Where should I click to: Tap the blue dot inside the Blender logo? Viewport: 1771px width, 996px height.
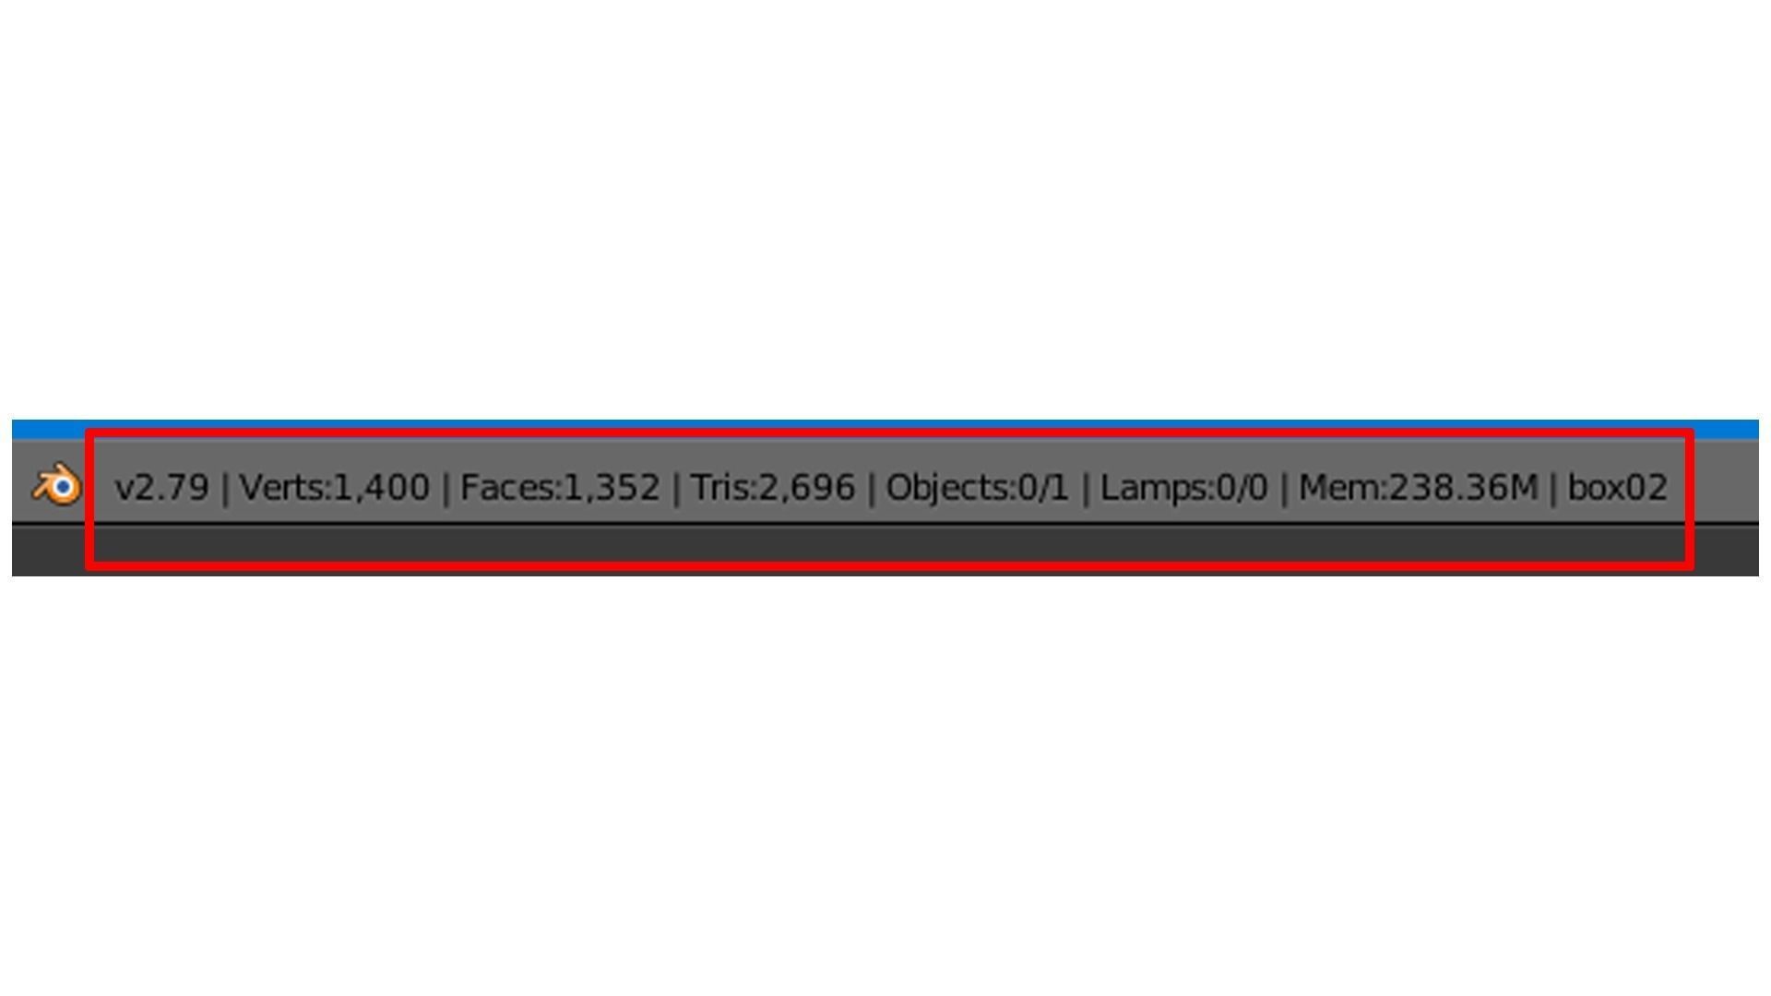tap(63, 487)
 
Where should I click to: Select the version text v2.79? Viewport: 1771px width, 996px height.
tap(161, 487)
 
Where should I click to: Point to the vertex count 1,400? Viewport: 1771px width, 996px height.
tap(381, 487)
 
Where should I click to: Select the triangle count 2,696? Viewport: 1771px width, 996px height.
tap(807, 487)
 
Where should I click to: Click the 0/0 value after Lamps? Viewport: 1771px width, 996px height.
tap(1242, 487)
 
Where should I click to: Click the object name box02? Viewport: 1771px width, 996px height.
tap(1618, 487)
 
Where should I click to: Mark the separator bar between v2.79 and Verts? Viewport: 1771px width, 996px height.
tap(224, 488)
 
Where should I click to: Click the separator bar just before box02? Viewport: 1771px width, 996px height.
tap(1553, 488)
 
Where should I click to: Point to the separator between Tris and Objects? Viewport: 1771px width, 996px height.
tap(871, 488)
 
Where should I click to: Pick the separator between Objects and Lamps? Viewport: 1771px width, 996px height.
tap(1085, 488)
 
